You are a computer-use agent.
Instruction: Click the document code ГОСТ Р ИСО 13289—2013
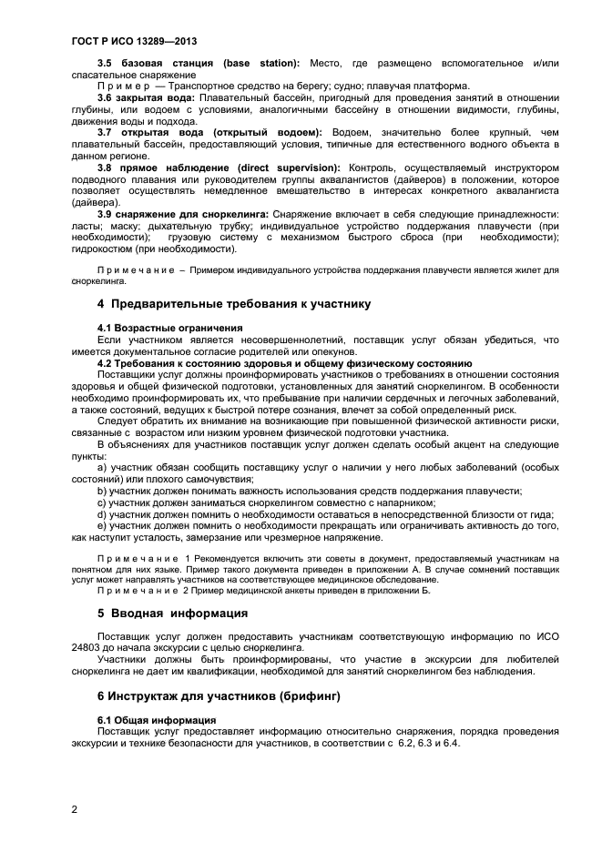133,42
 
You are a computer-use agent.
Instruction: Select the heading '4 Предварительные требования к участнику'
233,303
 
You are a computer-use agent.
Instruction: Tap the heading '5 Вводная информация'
172,613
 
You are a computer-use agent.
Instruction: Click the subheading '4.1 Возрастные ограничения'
170,327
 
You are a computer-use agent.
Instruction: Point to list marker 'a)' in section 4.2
103,467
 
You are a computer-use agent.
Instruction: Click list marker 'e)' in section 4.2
103,525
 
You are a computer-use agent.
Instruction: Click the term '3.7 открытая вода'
148,132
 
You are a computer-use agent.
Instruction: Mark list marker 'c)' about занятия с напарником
103,502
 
